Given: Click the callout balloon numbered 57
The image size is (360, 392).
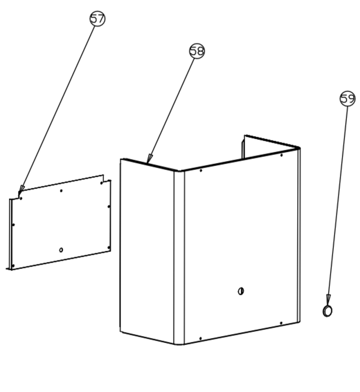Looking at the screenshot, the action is point(97,19).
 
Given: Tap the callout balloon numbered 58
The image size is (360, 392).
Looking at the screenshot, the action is point(197,51).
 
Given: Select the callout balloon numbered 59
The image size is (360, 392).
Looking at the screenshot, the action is point(348,99).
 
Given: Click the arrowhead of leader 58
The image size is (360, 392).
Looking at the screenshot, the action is point(149,158).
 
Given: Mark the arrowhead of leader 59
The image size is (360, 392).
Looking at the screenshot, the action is point(328,298).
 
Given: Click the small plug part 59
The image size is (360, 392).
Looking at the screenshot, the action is point(327,311).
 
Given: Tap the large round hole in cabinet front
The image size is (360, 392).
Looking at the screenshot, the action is point(241,291).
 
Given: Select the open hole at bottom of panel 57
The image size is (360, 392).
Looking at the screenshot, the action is point(61,250).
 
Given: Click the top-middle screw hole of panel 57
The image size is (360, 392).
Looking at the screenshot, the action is point(61,191).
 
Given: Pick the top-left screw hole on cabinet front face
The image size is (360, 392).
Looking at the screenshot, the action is point(201,170).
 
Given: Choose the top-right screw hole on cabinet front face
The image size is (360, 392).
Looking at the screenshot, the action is point(282,155).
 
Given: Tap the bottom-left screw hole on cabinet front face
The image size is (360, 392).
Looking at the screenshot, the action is point(200,338).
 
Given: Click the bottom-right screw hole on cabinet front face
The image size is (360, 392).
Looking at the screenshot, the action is point(281,323).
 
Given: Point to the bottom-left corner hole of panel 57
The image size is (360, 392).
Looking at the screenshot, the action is point(13,265).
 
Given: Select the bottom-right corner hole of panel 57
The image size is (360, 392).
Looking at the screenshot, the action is point(108,248).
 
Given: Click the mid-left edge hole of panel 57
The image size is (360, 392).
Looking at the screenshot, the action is point(13,225).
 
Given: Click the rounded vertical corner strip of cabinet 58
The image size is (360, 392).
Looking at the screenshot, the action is point(179,257).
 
